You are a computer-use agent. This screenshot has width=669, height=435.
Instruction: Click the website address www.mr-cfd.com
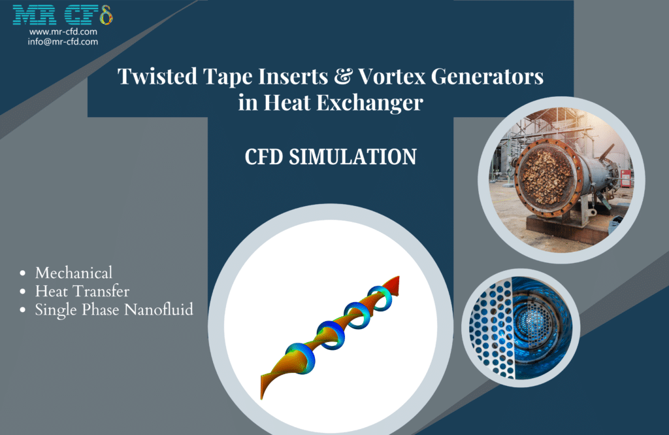pyautogui.click(x=63, y=31)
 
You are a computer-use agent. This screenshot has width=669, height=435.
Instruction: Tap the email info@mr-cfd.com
pyautogui.click(x=63, y=41)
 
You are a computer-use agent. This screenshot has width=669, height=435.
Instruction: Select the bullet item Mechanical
pyautogui.click(x=74, y=273)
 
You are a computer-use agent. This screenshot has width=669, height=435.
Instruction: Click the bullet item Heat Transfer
pyautogui.click(x=82, y=291)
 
